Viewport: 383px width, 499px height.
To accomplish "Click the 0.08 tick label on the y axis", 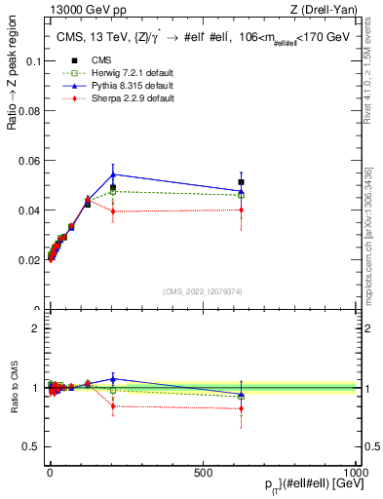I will pyautogui.click(x=29, y=110).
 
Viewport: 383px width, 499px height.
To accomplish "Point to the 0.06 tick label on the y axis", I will pyautogui.click(x=29, y=160).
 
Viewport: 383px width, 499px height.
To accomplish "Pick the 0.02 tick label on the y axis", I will pyautogui.click(x=29, y=260).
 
